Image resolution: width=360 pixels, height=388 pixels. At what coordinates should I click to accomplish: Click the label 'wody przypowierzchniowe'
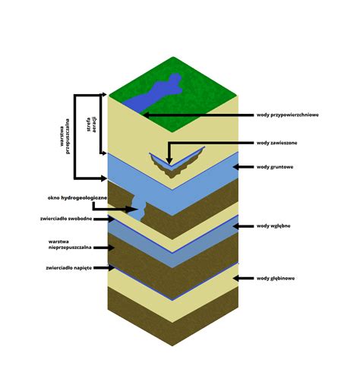click(x=288, y=115)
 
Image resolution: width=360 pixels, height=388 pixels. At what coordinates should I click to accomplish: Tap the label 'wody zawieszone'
click(x=277, y=143)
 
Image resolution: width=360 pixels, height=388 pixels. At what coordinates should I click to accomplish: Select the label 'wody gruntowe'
click(x=275, y=167)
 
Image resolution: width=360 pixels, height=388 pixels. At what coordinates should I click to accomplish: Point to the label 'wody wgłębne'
click(x=273, y=226)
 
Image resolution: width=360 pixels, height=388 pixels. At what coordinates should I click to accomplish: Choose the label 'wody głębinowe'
click(x=276, y=278)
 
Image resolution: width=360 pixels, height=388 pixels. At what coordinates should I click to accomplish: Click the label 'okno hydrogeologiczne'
click(x=77, y=197)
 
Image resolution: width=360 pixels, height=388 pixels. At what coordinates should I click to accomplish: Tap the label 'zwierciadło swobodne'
click(x=66, y=219)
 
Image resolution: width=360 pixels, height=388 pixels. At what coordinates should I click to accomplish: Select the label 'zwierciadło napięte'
click(x=69, y=267)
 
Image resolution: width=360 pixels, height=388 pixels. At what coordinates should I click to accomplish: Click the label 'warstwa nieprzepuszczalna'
click(x=70, y=244)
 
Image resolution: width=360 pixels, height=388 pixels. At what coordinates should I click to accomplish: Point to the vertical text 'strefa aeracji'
click(x=91, y=125)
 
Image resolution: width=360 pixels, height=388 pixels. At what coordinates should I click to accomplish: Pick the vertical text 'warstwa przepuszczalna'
click(x=65, y=137)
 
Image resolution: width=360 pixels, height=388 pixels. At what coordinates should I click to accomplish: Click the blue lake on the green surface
click(x=154, y=93)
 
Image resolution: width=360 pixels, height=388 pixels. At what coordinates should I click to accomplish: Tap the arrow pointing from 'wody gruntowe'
click(x=243, y=167)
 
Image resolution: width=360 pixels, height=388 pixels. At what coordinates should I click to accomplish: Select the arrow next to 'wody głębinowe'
click(x=243, y=278)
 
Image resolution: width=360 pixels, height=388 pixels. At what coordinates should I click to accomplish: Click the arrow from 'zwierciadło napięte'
click(x=104, y=267)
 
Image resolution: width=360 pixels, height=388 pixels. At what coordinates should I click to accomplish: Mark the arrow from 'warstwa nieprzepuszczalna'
click(x=104, y=248)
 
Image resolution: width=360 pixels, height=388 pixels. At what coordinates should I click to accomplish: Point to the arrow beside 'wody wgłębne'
click(x=243, y=226)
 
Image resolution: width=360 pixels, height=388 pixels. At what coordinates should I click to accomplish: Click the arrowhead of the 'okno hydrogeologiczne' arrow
click(x=132, y=210)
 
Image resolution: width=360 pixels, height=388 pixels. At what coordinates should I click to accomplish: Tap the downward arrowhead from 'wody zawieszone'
click(x=169, y=161)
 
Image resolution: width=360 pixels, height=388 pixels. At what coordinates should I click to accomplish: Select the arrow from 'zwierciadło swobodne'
click(x=104, y=219)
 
